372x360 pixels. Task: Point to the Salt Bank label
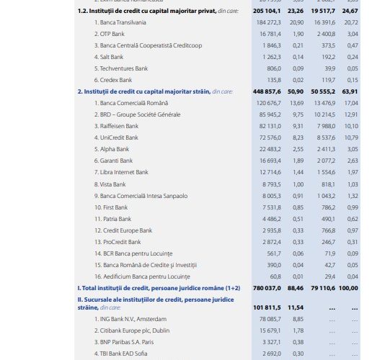(x=109, y=57)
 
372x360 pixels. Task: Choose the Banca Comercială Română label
(x=128, y=104)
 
